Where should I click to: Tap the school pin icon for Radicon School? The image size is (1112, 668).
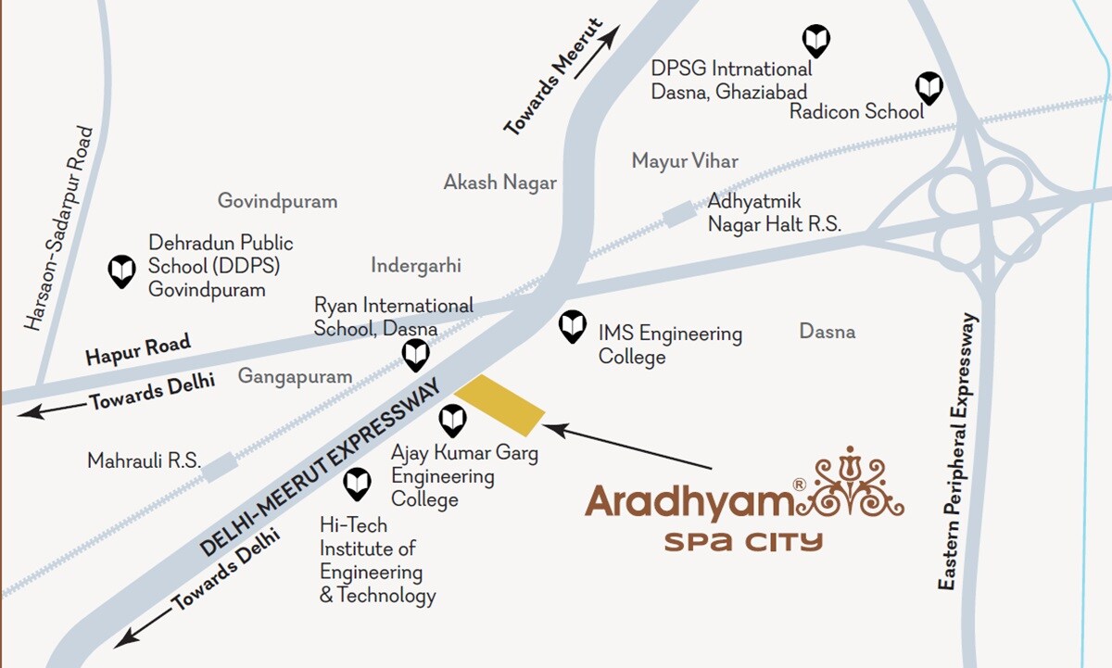click(929, 88)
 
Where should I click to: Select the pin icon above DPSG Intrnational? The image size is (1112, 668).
click(815, 40)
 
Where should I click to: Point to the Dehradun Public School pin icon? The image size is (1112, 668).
click(122, 271)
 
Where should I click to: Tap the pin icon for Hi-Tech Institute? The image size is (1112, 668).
click(357, 483)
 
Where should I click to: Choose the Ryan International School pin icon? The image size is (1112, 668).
click(414, 354)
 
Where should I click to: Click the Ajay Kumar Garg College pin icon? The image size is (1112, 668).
click(452, 421)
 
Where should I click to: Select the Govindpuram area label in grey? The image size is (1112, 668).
click(277, 201)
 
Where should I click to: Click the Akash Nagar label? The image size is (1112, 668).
click(499, 182)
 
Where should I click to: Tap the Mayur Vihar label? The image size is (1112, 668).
click(685, 161)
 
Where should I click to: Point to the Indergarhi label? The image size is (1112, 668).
click(416, 266)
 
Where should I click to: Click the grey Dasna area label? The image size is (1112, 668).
click(827, 332)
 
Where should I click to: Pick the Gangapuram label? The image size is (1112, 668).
click(295, 376)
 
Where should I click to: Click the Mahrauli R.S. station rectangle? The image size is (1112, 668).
click(219, 466)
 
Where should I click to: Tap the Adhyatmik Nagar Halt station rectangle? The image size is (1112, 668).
click(677, 214)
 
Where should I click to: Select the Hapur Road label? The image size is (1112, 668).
click(138, 349)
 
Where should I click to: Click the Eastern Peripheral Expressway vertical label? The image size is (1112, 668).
click(957, 451)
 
